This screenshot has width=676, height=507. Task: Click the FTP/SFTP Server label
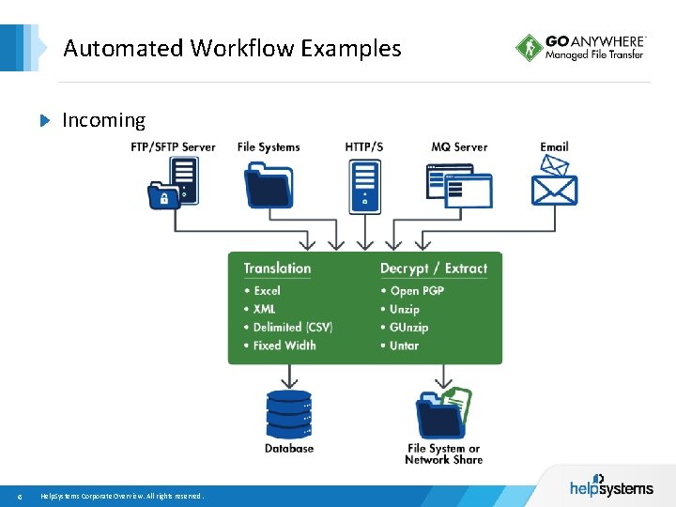(x=173, y=147)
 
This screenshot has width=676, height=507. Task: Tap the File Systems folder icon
(x=269, y=184)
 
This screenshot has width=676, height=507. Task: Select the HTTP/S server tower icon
(x=364, y=184)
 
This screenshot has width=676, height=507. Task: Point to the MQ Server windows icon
(x=459, y=185)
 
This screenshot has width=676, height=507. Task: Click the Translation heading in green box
(x=277, y=269)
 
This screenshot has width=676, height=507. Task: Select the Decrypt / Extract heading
(x=434, y=269)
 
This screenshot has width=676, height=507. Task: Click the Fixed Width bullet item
(x=284, y=346)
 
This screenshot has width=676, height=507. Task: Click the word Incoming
(x=103, y=120)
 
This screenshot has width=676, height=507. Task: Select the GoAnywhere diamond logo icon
(x=529, y=48)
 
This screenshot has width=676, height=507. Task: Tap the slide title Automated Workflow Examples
(x=232, y=48)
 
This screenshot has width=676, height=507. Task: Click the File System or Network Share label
(x=444, y=454)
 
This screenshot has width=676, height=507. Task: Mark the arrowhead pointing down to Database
(x=288, y=382)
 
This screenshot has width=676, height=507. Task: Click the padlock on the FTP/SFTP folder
(x=164, y=199)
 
